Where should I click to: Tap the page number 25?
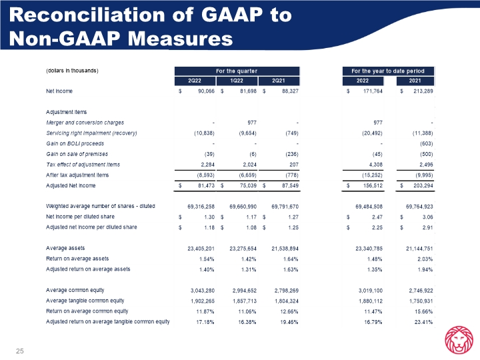19,351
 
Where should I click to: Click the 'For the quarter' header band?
237,71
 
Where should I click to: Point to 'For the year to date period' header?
389,71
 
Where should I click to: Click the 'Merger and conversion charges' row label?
85,123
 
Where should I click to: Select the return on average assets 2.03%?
425,259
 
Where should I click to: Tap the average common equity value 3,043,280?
199,291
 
